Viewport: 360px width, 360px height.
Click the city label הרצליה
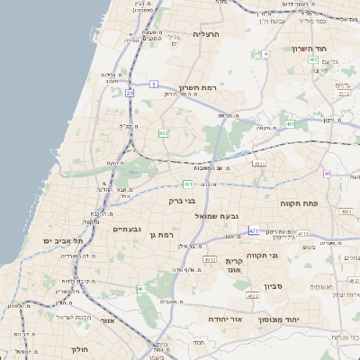tap(205, 34)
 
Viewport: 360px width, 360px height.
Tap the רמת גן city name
tap(160, 236)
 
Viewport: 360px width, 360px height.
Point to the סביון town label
tap(274, 287)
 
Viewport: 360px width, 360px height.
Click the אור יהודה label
tap(220, 319)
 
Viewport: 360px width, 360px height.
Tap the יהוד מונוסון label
tap(283, 319)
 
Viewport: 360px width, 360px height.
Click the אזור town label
tap(108, 320)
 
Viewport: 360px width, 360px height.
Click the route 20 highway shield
tap(130, 92)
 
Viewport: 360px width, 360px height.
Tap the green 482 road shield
tap(163, 133)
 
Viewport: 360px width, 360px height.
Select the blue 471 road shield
tap(255, 231)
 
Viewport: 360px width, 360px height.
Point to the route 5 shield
tap(155, 85)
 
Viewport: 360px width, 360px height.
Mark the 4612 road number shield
tap(210, 259)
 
